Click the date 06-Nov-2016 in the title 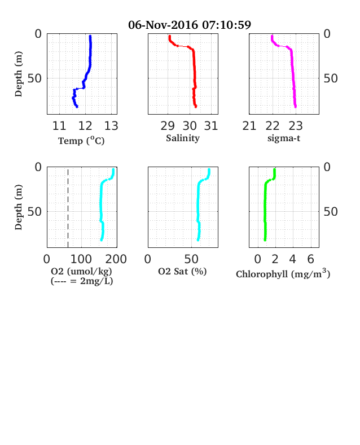click(163, 25)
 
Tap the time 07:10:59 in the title click(226, 25)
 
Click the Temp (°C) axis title click(81, 141)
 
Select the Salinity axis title click(183, 138)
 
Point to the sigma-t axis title click(284, 138)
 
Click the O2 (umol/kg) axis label click(81, 271)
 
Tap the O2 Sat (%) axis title click(182, 271)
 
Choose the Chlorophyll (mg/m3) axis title click(283, 273)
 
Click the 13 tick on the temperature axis click(111, 126)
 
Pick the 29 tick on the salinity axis click(168, 126)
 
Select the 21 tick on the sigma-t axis click(249, 126)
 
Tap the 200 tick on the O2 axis click(116, 259)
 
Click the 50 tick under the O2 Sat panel click(191, 259)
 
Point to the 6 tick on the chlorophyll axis click(311, 259)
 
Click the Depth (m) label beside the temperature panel click(19, 74)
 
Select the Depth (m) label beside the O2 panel click(19, 207)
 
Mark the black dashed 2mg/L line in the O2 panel click(68, 208)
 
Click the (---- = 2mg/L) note click(82, 281)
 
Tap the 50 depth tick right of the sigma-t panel click(331, 78)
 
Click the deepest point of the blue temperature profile click(77, 107)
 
